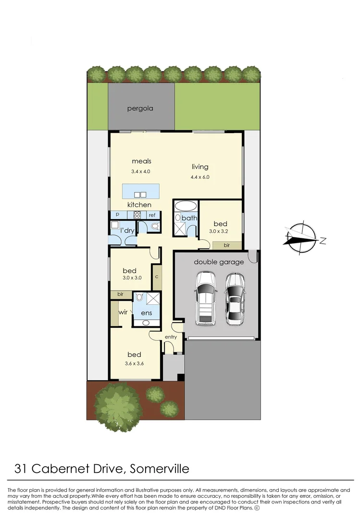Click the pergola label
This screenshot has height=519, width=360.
(x=140, y=109)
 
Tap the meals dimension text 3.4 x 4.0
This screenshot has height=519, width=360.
(x=141, y=171)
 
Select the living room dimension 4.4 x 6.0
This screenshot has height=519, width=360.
(x=200, y=177)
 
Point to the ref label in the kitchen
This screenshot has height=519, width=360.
(x=151, y=216)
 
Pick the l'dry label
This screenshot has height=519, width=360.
(x=127, y=231)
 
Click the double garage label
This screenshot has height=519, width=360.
(x=219, y=262)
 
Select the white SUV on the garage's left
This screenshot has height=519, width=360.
(x=206, y=298)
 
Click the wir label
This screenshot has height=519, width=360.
(x=123, y=312)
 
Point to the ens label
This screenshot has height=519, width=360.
(x=146, y=314)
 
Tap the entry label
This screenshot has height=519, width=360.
(x=171, y=337)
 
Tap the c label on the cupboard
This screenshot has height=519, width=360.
(x=157, y=277)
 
